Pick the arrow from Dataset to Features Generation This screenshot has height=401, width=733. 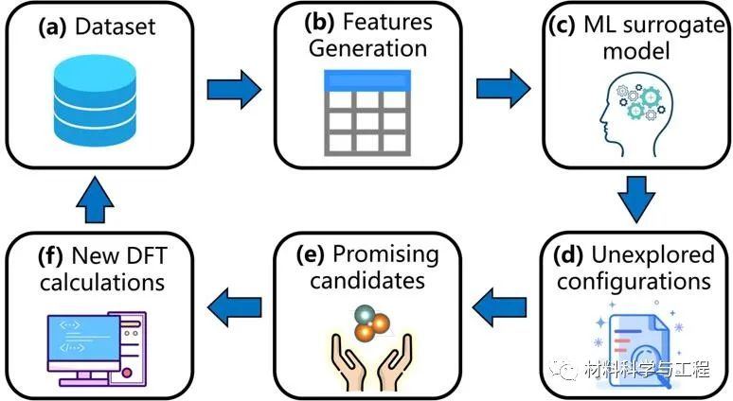235,90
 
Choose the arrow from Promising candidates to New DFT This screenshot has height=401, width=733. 235,304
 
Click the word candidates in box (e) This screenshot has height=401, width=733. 369,281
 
